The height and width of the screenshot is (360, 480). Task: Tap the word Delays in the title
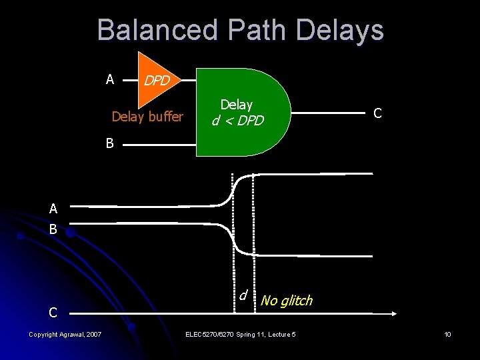(339, 31)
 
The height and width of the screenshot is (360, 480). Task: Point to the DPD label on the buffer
(158, 81)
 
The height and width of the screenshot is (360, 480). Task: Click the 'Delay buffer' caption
(147, 117)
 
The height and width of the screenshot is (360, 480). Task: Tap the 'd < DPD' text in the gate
(238, 121)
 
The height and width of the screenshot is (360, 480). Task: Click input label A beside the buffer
(110, 80)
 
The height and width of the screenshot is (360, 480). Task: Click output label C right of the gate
(377, 113)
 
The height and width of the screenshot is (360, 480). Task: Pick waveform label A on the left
(53, 209)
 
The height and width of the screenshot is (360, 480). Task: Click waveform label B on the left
(53, 229)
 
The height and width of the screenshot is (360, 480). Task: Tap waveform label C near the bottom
(53, 312)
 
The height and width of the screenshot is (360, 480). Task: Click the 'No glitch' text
(287, 301)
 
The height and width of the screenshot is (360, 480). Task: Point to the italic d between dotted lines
(244, 295)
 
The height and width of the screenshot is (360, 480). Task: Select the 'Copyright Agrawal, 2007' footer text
(65, 334)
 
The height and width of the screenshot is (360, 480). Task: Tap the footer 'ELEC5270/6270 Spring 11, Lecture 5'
(241, 334)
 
